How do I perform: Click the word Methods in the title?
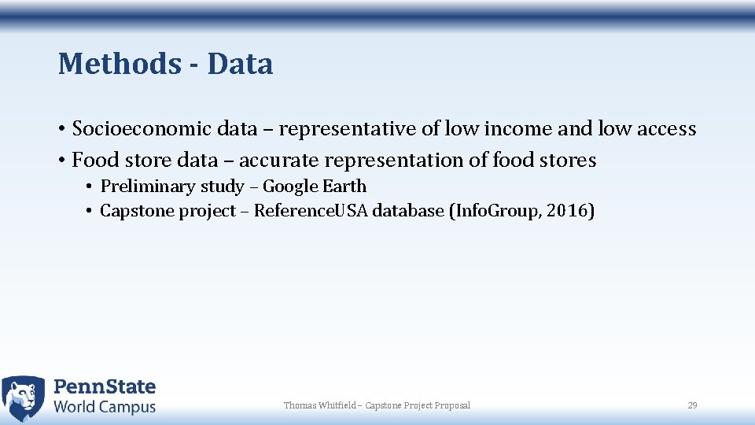(119, 64)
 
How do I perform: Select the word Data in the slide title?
(240, 64)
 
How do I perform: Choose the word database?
(408, 211)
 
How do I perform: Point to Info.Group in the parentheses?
(493, 211)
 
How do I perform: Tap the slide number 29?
(692, 405)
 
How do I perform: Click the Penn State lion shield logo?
(24, 398)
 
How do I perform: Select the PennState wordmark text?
(105, 387)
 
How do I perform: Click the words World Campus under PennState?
(105, 407)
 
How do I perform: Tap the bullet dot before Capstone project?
(91, 211)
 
